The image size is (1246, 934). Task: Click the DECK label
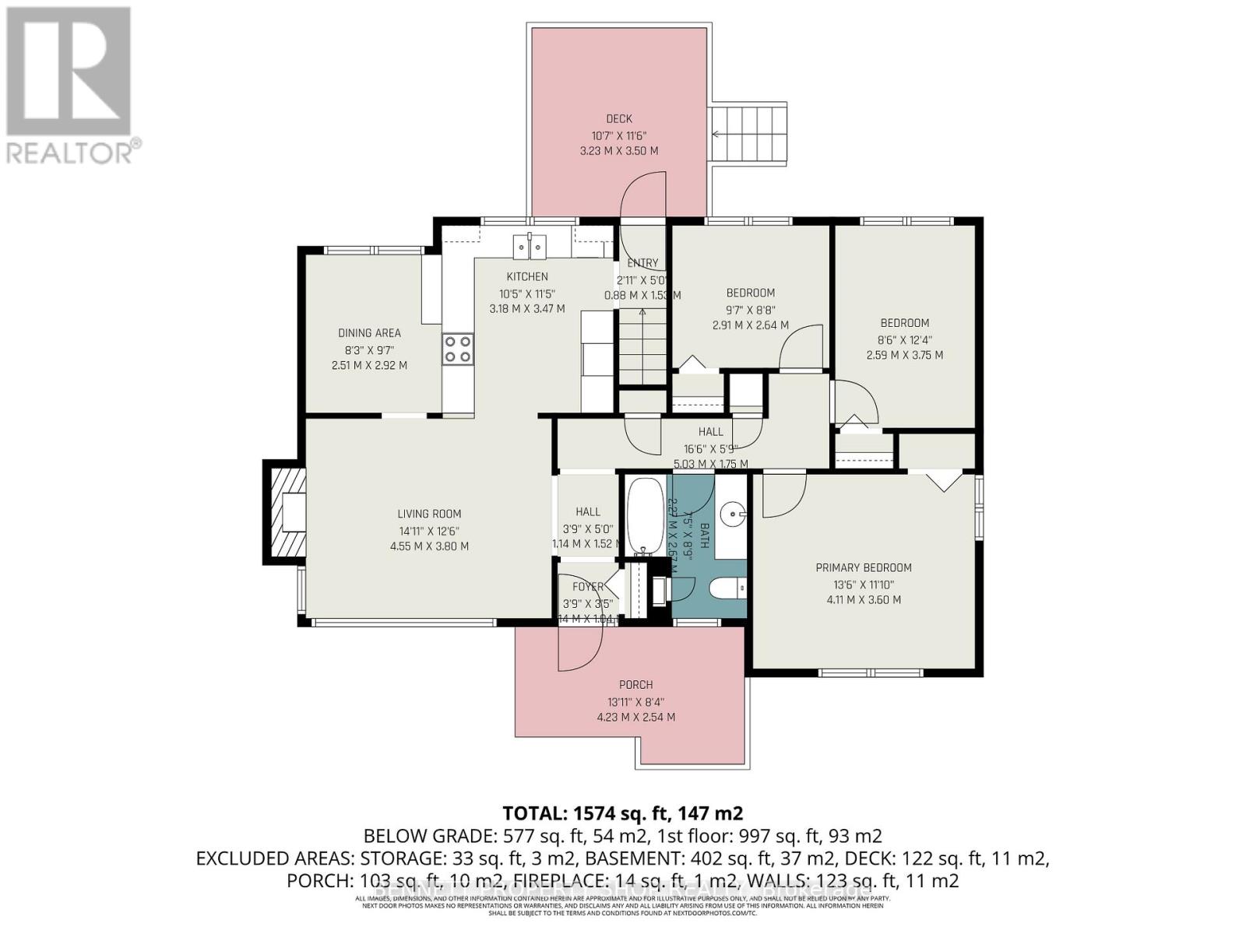click(619, 119)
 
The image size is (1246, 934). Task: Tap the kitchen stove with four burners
click(458, 349)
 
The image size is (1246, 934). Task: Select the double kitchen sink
click(530, 246)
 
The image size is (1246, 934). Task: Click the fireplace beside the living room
click(285, 513)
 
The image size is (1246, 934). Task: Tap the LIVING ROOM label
click(429, 514)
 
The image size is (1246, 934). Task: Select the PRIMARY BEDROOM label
click(864, 568)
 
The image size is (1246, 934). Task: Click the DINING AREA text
click(369, 333)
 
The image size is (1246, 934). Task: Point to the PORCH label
click(635, 685)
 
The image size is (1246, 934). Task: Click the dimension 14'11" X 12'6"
click(429, 531)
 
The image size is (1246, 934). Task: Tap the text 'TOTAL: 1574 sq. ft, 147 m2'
click(622, 813)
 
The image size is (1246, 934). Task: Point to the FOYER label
click(588, 587)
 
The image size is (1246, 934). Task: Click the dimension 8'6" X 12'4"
click(904, 339)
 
